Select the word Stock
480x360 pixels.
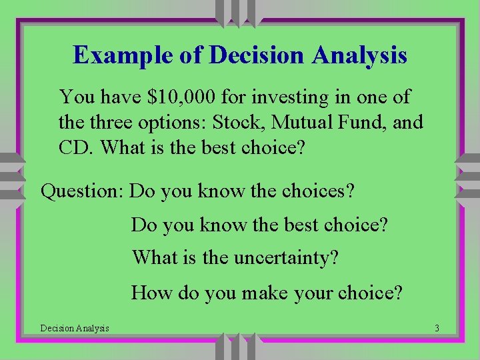click(x=239, y=123)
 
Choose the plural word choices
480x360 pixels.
click(x=317, y=192)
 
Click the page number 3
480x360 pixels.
click(x=436, y=328)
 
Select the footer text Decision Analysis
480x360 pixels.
click(x=75, y=328)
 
